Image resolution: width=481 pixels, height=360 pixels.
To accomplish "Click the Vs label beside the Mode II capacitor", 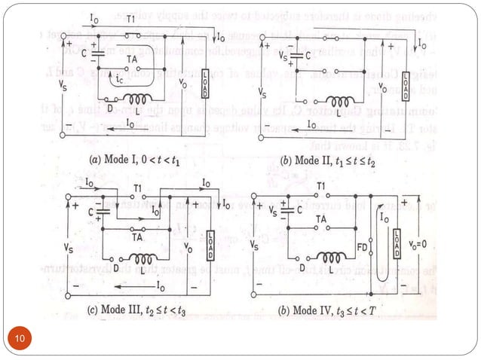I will click(x=283, y=56).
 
